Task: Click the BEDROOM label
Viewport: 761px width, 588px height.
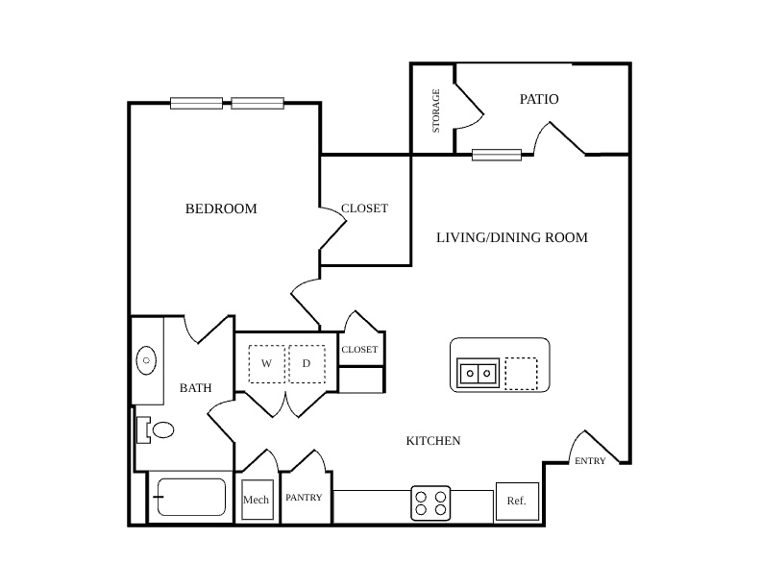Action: point(221,208)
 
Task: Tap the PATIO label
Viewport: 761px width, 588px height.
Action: point(539,99)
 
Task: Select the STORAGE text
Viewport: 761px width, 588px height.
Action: point(436,110)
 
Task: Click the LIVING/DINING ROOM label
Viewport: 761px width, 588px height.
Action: point(511,237)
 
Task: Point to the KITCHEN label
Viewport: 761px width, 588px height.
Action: point(433,440)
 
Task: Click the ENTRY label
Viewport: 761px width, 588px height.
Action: point(590,461)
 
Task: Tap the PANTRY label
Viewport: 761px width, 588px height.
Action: point(304,498)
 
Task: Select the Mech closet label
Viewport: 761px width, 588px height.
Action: point(256,500)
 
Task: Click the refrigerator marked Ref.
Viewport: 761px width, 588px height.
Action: point(517,502)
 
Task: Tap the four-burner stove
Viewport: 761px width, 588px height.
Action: point(430,503)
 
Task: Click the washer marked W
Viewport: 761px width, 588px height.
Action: point(266,364)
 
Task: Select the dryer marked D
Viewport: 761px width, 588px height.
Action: point(307,364)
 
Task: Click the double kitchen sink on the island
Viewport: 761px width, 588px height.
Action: point(479,373)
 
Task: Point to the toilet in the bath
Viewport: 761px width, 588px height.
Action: point(156,429)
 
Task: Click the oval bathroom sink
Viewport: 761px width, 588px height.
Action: point(146,360)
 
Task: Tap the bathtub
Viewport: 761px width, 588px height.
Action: point(191,497)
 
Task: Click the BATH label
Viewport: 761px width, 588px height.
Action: point(196,388)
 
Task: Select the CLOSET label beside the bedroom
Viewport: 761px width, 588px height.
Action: point(364,208)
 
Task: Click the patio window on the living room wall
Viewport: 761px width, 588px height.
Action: point(497,156)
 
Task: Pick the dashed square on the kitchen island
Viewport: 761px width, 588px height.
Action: point(521,374)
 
